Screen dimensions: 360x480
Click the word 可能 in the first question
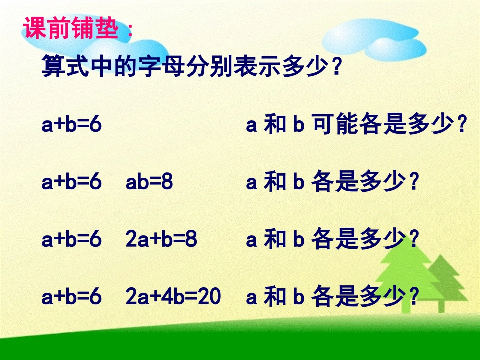point(336,125)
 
